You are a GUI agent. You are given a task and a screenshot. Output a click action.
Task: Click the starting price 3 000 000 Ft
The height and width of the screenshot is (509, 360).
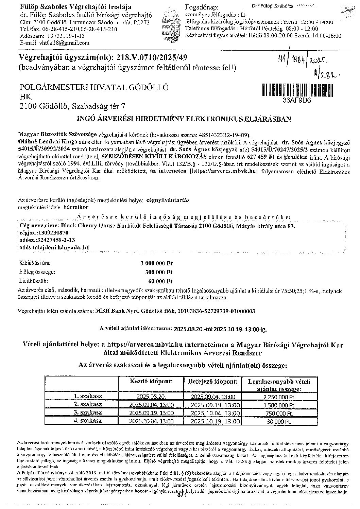click(157, 263)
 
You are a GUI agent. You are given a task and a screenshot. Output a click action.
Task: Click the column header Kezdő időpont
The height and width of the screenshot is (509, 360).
click(152, 381)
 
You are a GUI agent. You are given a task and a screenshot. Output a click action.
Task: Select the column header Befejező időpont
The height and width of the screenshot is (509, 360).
click(213, 381)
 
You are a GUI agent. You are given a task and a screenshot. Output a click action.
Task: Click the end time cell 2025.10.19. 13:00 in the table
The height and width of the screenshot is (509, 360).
click(213, 421)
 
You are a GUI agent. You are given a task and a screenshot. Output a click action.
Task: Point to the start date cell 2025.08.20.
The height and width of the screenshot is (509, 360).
click(151, 397)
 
